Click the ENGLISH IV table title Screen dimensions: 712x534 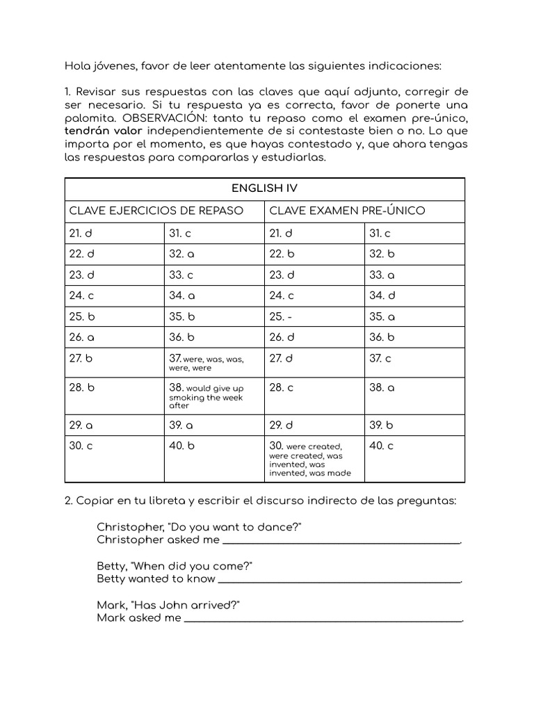264,188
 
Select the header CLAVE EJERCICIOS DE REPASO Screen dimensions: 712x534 156,211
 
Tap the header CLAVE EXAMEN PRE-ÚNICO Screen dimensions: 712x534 346,211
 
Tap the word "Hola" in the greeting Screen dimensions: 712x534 78,66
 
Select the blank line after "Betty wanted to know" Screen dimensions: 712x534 339,578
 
